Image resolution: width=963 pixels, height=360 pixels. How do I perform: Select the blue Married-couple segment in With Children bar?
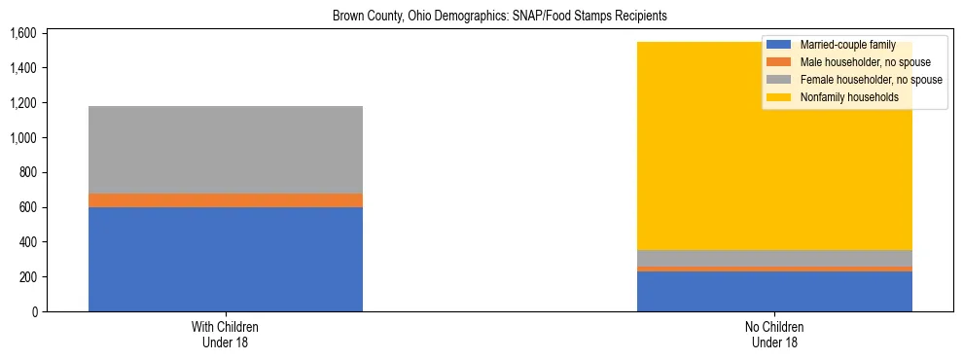pos(226,259)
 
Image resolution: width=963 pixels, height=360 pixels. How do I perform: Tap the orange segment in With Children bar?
pos(226,200)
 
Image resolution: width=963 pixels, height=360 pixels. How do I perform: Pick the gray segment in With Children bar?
pos(226,150)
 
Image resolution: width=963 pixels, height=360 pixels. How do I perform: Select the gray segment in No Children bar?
pos(774,258)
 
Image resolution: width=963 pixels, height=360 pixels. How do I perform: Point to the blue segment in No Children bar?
pos(774,291)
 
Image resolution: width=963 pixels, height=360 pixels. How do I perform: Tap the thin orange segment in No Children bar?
pos(774,269)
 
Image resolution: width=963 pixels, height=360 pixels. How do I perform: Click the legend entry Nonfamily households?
pos(841,97)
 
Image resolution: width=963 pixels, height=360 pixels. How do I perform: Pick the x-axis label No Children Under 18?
pos(774,335)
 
